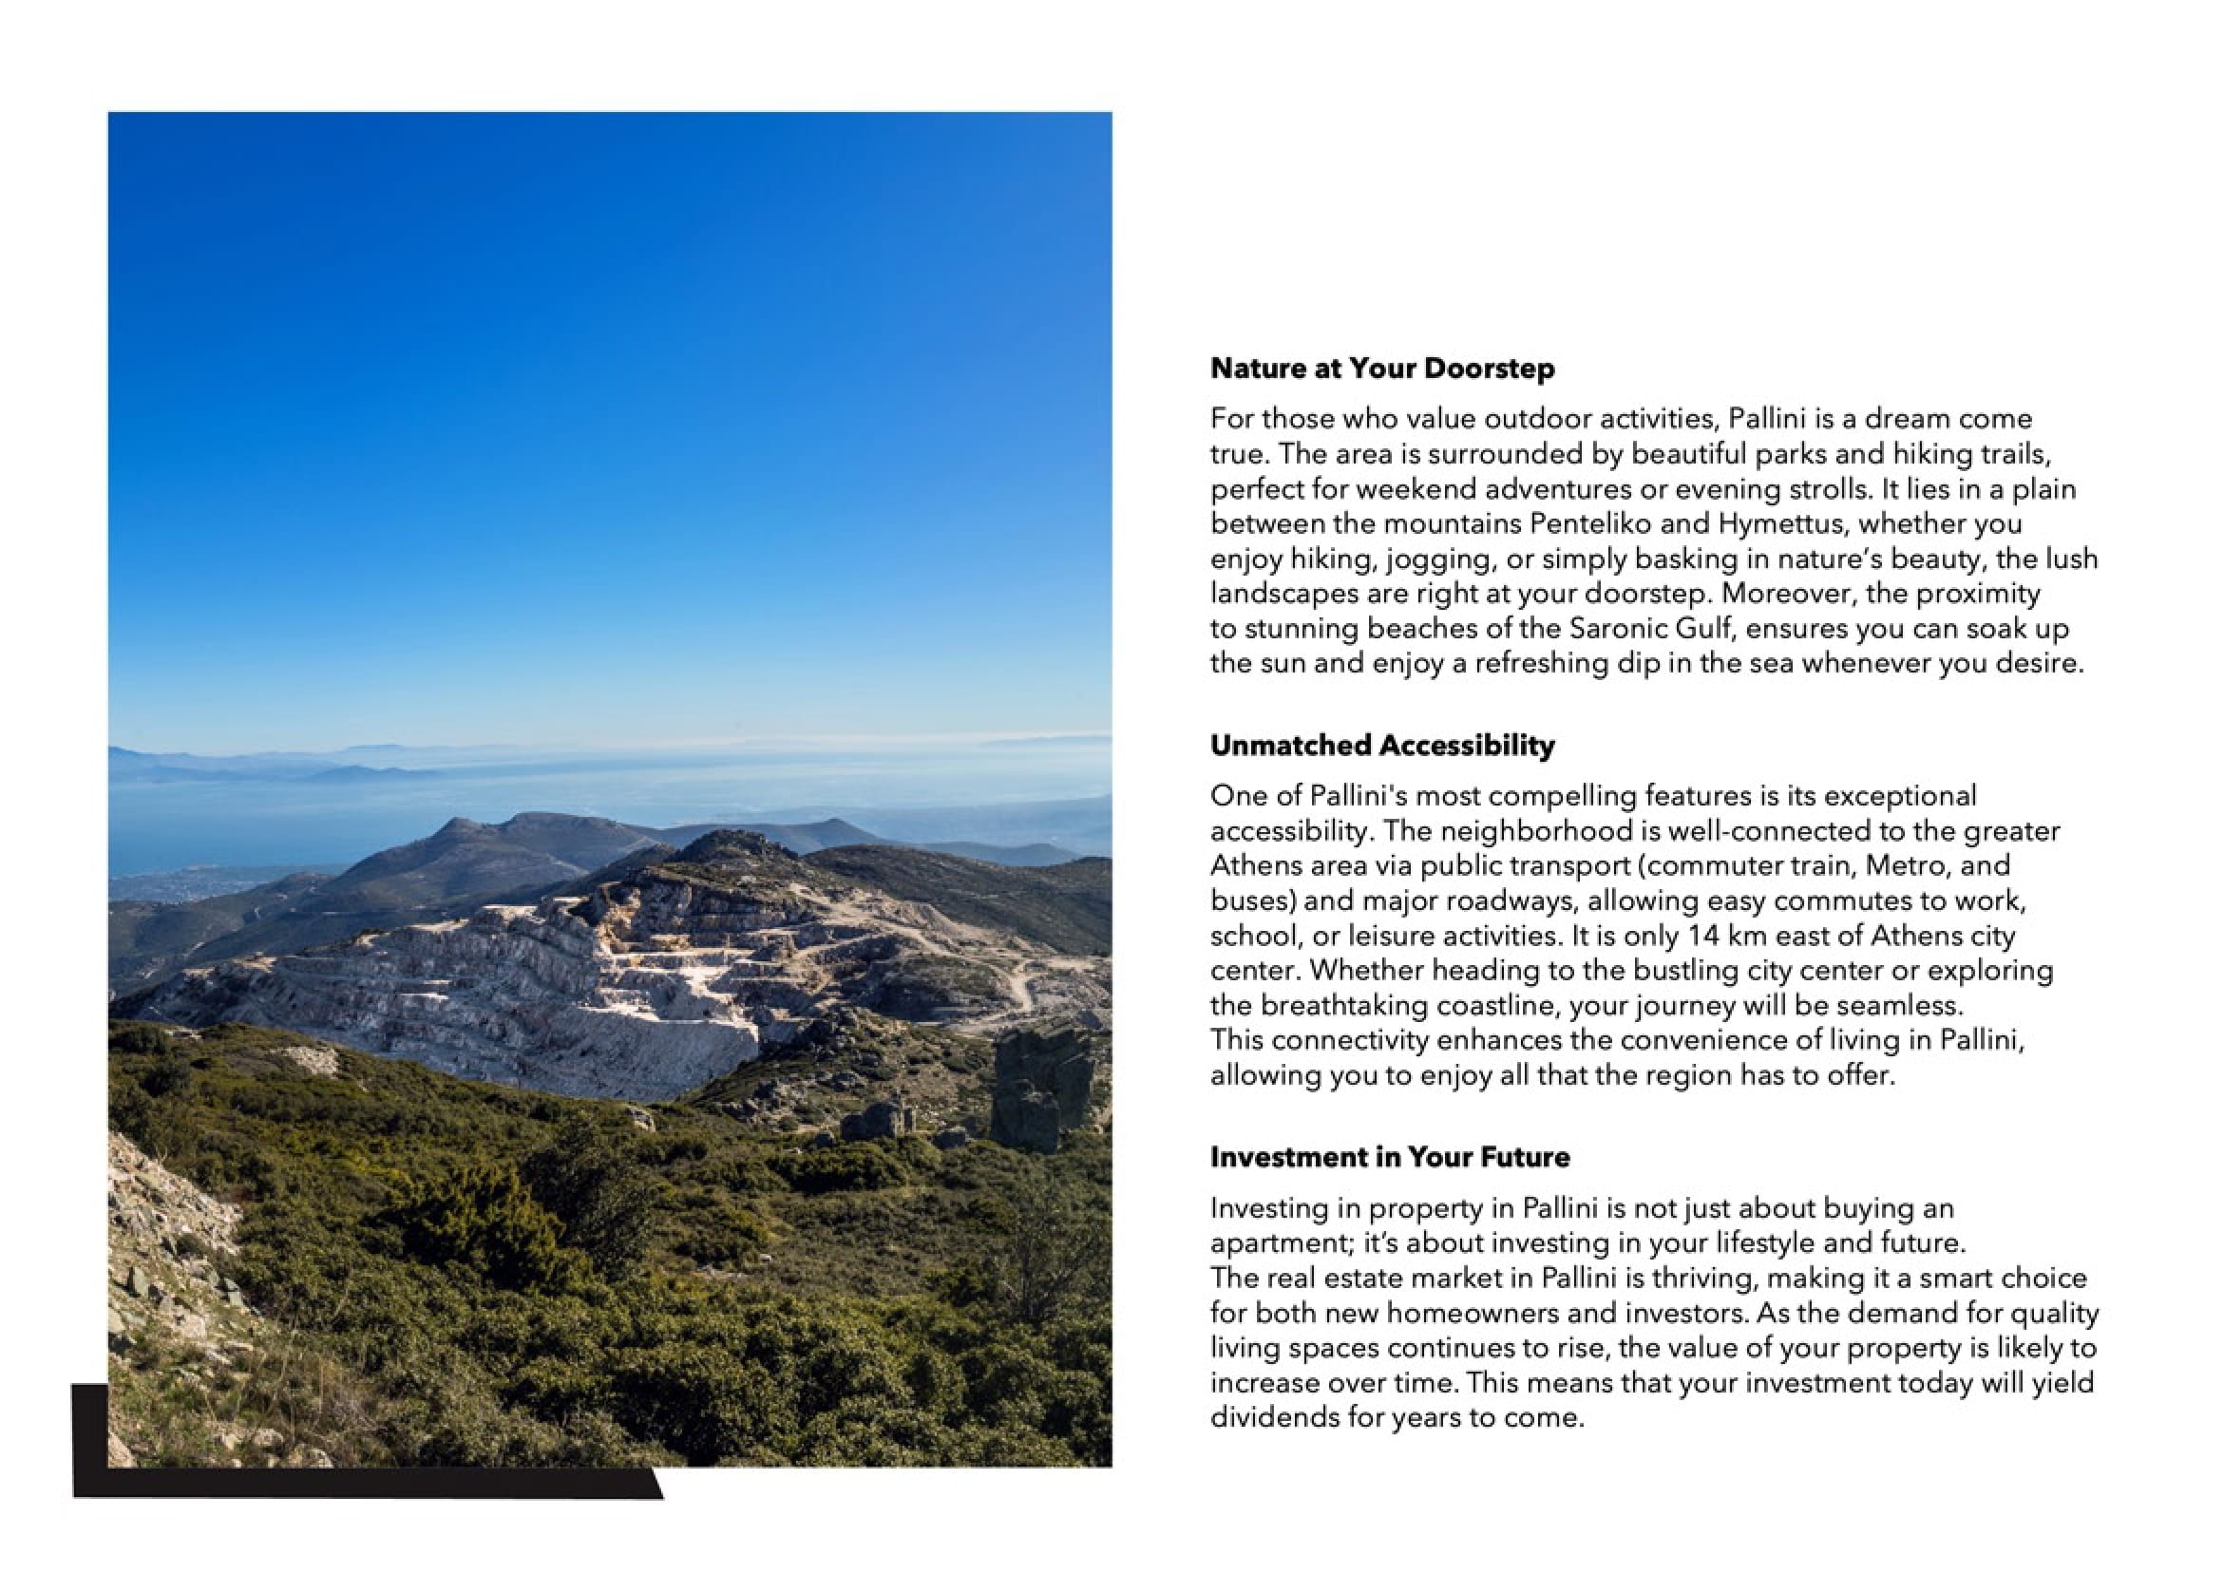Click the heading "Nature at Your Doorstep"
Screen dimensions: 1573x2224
pos(1382,370)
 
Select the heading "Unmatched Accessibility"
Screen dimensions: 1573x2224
pos(1382,746)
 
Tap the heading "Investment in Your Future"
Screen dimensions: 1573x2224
pos(1390,1158)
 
